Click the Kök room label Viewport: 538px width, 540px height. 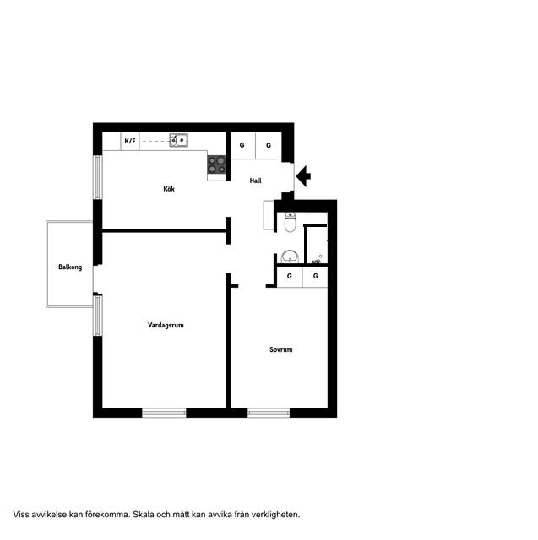coord(169,189)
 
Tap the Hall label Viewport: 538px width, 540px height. coord(255,181)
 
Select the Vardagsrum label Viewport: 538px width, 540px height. coord(166,325)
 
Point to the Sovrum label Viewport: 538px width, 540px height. coord(281,349)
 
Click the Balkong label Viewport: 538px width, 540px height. coord(70,267)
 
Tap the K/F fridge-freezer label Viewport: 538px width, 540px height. coord(130,141)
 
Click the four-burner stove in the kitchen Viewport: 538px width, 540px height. coord(216,165)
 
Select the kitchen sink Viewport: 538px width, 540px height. coord(178,141)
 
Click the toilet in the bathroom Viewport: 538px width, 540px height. coord(291,222)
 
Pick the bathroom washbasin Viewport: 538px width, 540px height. coord(290,256)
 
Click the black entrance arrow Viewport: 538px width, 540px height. coord(303,176)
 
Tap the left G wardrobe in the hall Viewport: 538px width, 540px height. coord(242,145)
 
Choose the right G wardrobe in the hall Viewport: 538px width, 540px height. coord(269,145)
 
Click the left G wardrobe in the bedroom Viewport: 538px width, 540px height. coord(290,276)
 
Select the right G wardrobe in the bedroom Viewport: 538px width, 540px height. coord(315,276)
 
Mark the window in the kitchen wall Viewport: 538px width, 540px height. coord(98,177)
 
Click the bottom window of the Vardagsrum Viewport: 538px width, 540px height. coord(164,413)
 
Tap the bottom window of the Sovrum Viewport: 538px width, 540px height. coord(269,413)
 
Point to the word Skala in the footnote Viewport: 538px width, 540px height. coord(144,515)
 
